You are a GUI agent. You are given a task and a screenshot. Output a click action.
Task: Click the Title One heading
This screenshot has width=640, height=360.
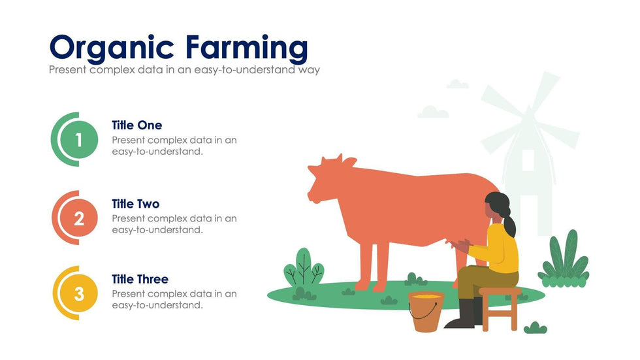tap(136, 125)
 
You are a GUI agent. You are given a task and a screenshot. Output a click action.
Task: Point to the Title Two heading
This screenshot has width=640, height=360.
tap(136, 204)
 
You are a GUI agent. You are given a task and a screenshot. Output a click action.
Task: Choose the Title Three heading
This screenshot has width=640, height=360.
tap(140, 279)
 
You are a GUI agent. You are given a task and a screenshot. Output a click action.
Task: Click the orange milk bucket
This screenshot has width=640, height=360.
tap(426, 311)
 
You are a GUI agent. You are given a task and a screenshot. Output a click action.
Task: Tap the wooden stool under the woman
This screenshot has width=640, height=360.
tap(500, 308)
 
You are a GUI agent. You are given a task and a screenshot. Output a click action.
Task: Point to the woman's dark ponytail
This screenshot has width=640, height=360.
tap(509, 225)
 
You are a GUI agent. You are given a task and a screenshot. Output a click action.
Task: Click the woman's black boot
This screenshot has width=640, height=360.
tap(463, 314)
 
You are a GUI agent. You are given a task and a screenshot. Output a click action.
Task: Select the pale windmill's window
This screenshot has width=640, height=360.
tap(528, 161)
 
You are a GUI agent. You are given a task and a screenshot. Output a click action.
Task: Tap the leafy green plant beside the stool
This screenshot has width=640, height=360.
tap(564, 260)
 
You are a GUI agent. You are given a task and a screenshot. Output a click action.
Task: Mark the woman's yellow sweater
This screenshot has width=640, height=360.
tap(498, 248)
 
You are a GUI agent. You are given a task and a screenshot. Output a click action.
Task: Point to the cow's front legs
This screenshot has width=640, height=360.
tap(372, 265)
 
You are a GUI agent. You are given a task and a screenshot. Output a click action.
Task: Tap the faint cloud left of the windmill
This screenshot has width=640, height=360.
tap(433, 112)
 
